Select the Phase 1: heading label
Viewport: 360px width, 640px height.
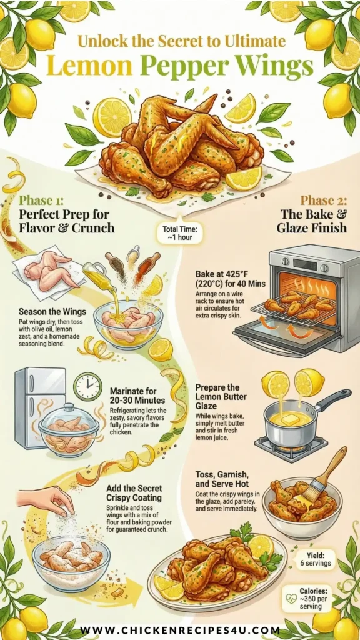(x=45, y=201)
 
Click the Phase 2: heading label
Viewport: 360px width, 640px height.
(x=324, y=201)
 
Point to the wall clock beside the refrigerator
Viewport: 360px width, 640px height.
(x=88, y=386)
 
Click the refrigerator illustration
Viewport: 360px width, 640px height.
(x=39, y=407)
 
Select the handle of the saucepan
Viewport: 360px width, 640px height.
(x=332, y=401)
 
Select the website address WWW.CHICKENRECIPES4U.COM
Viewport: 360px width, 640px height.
(x=180, y=630)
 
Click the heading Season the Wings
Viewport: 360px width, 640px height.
(x=52, y=312)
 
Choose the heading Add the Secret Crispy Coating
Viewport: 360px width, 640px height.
(x=134, y=492)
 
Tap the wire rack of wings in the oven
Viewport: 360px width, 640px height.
(x=294, y=306)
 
